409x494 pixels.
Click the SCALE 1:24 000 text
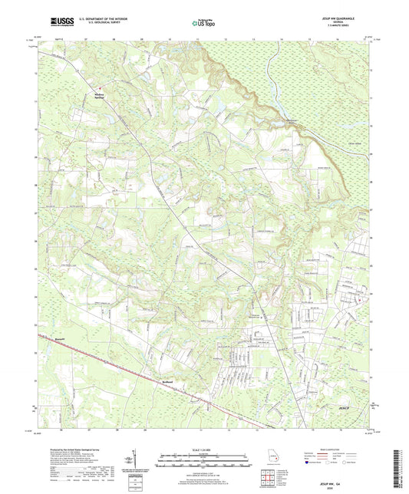[204, 450]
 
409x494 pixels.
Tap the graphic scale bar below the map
[204, 459]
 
